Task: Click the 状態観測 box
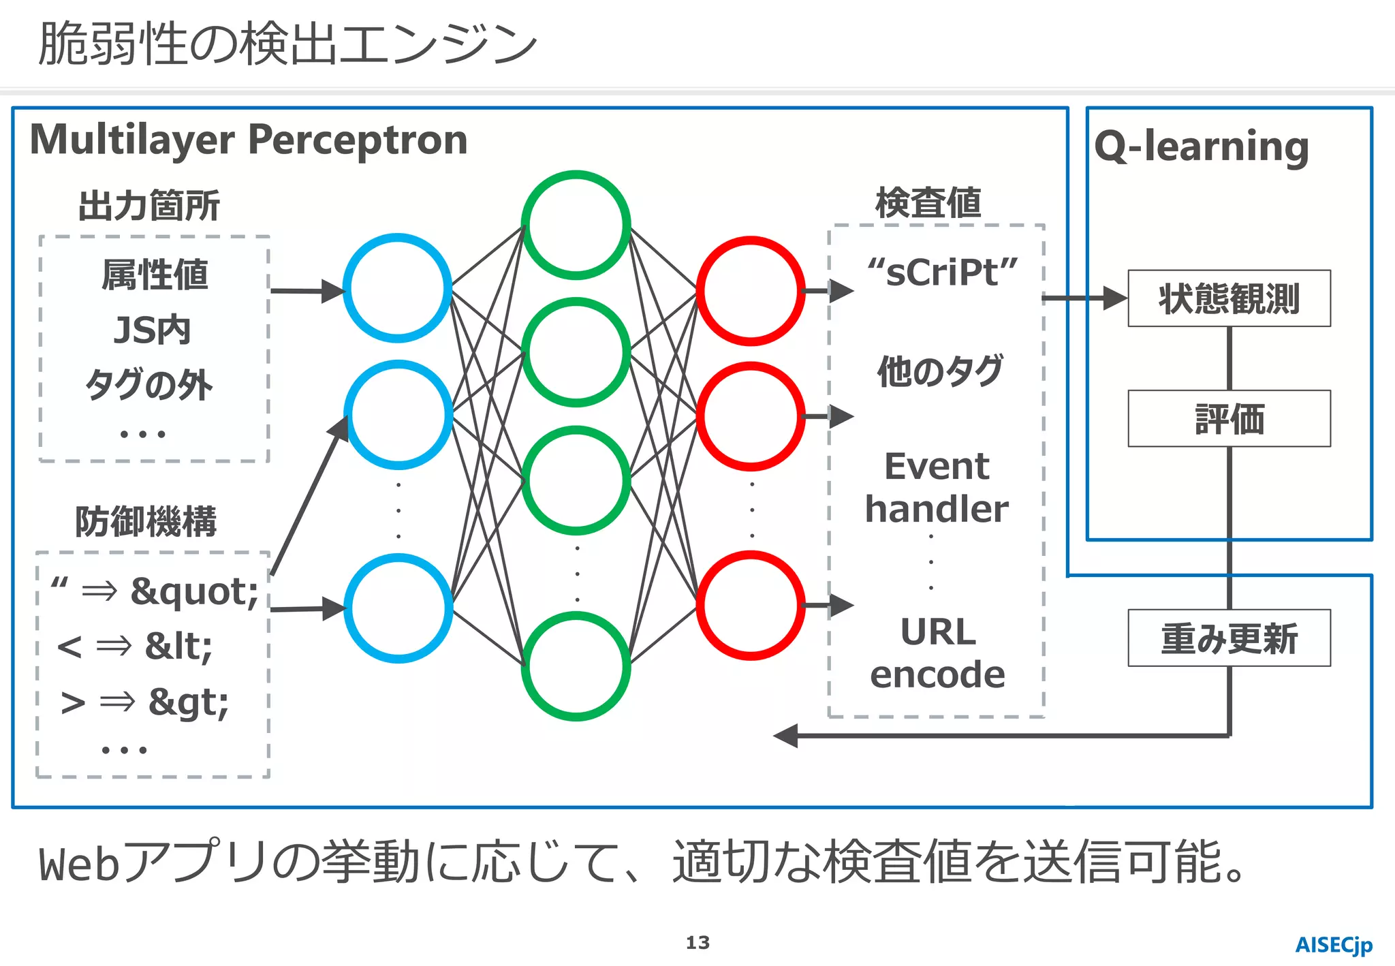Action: coord(1229,298)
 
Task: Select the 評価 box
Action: coord(1229,418)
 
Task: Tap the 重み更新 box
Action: coord(1229,638)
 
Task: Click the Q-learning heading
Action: coord(1202,146)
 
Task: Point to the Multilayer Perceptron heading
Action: coord(249,140)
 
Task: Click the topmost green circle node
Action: coord(576,225)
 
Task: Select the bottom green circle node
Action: coord(576,666)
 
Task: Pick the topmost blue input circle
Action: coord(398,287)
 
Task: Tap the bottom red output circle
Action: coord(751,605)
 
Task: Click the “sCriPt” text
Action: coord(942,272)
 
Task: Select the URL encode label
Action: coord(937,653)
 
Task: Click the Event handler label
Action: coord(937,488)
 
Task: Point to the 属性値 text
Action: coord(155,275)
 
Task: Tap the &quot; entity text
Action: coord(195,591)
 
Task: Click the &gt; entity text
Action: coord(189,702)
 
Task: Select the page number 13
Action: coord(697,943)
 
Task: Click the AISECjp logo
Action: coord(1333,945)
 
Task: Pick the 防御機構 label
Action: coord(146,522)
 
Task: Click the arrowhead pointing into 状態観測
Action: coord(1114,298)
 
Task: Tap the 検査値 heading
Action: coord(928,203)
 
